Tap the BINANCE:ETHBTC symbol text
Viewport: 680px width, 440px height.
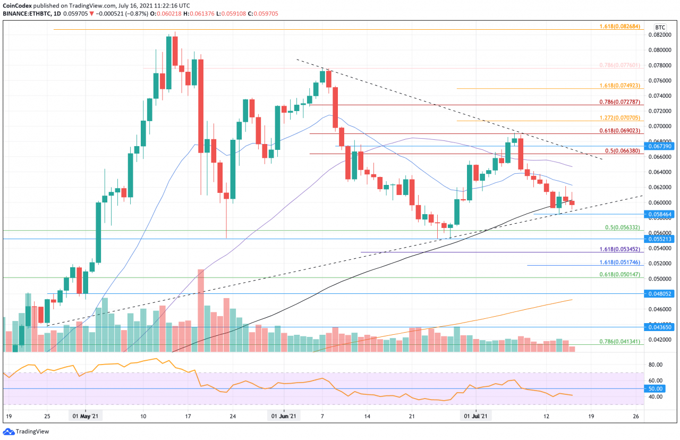tap(26, 14)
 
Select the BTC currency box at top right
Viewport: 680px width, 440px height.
tap(660, 27)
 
